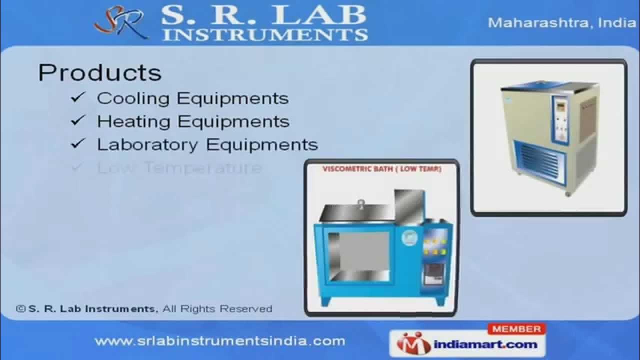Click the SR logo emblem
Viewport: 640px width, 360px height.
[x=121, y=22]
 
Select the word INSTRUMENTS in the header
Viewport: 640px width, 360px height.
[x=265, y=34]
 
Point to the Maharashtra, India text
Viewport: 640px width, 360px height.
[x=561, y=23]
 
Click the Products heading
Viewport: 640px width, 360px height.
[x=100, y=73]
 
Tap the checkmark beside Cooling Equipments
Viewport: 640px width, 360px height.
[x=78, y=97]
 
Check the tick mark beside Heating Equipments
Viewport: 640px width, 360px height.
[x=78, y=121]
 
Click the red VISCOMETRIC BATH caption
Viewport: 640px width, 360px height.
[x=382, y=169]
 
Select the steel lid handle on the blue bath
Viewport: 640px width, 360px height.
[x=359, y=202]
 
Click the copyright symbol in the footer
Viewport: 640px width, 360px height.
[x=20, y=309]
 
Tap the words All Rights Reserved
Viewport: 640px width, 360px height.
[x=217, y=309]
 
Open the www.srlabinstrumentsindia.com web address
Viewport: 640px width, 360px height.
[x=219, y=341]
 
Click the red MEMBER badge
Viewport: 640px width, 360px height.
[x=516, y=329]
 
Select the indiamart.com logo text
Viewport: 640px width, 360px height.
[x=484, y=344]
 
